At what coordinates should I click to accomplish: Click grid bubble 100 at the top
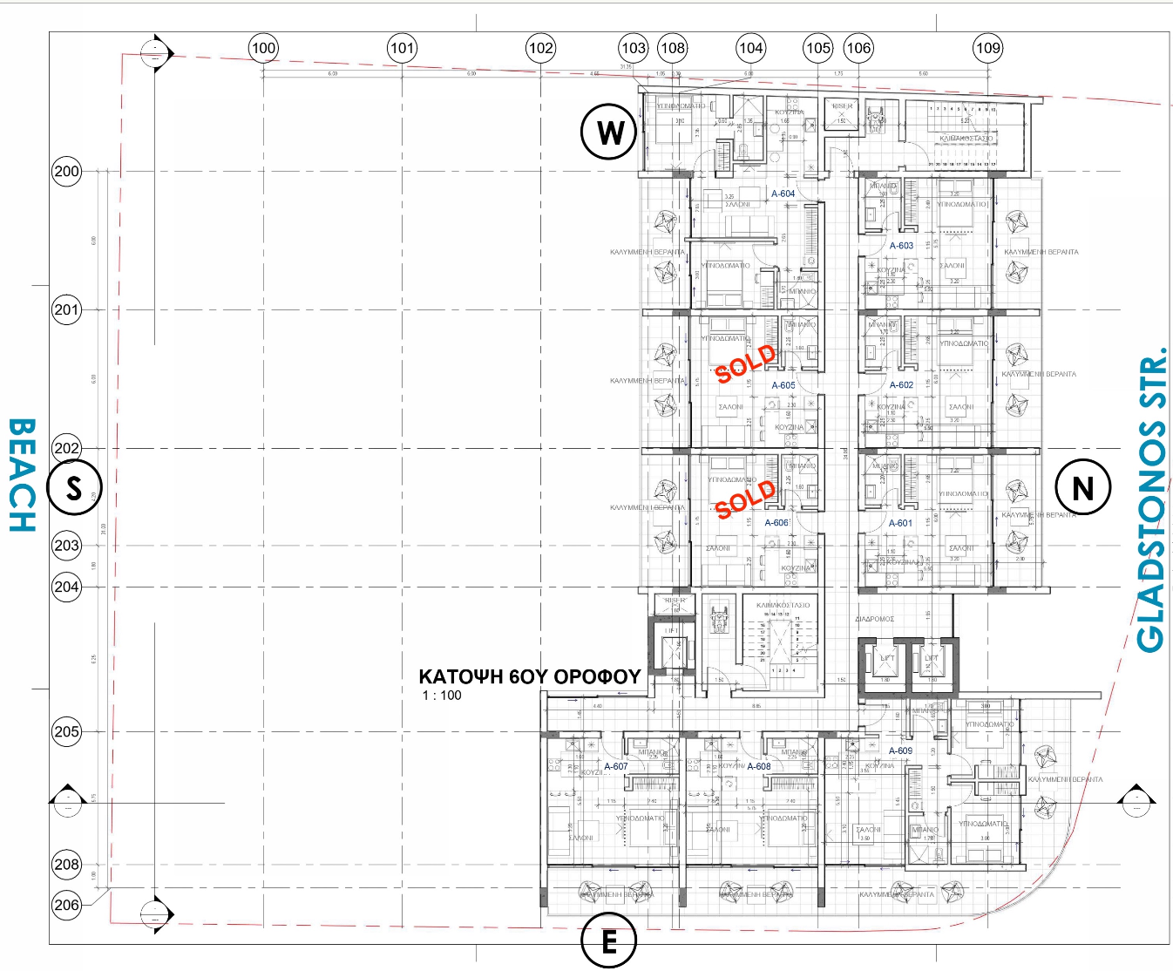[x=263, y=49]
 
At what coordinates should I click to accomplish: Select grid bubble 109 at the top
[x=987, y=49]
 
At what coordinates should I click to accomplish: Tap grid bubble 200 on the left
[x=67, y=171]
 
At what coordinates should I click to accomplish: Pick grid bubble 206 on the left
[x=67, y=905]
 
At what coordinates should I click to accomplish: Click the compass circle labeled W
[x=609, y=132]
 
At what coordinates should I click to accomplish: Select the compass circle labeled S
[x=74, y=488]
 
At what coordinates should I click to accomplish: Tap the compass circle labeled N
[x=1082, y=487]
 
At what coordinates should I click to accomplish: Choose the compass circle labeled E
[x=608, y=941]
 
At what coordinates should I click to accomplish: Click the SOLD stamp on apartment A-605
[x=746, y=363]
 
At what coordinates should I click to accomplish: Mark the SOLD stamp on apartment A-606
[x=745, y=499]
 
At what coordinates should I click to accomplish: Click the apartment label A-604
[x=783, y=194]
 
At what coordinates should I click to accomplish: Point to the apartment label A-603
[x=901, y=246]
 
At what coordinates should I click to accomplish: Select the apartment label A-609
[x=900, y=750]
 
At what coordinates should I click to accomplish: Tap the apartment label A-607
[x=616, y=766]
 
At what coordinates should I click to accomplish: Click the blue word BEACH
[x=23, y=476]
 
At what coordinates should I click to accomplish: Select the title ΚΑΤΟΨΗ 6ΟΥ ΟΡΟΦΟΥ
[x=530, y=676]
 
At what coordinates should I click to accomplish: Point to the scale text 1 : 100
[x=442, y=696]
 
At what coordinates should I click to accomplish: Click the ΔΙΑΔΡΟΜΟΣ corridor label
[x=874, y=619]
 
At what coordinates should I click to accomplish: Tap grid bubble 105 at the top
[x=817, y=49]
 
